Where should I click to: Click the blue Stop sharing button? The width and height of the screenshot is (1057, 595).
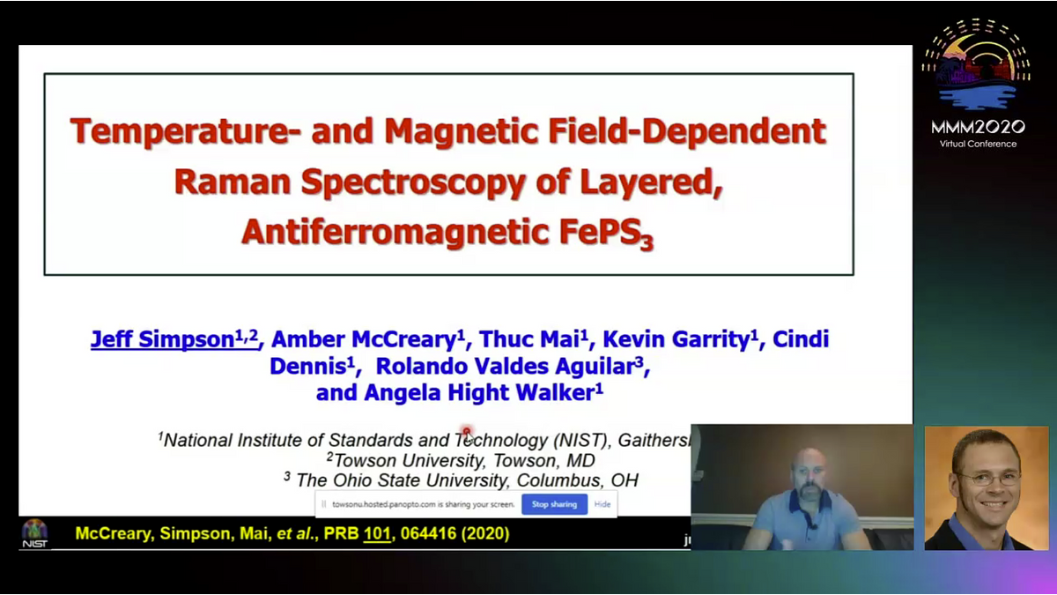554,504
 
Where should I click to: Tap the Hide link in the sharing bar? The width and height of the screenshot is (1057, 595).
602,504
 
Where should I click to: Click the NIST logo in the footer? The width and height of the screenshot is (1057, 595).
34,533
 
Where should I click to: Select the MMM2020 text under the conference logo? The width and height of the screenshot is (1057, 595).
978,128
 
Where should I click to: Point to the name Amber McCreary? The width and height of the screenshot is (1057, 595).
367,339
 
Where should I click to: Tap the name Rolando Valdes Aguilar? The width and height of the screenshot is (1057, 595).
512,366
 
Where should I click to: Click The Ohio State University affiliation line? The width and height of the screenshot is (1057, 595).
462,480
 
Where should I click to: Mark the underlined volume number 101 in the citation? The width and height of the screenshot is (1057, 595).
376,533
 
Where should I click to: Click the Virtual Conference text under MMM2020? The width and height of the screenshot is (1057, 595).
978,144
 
